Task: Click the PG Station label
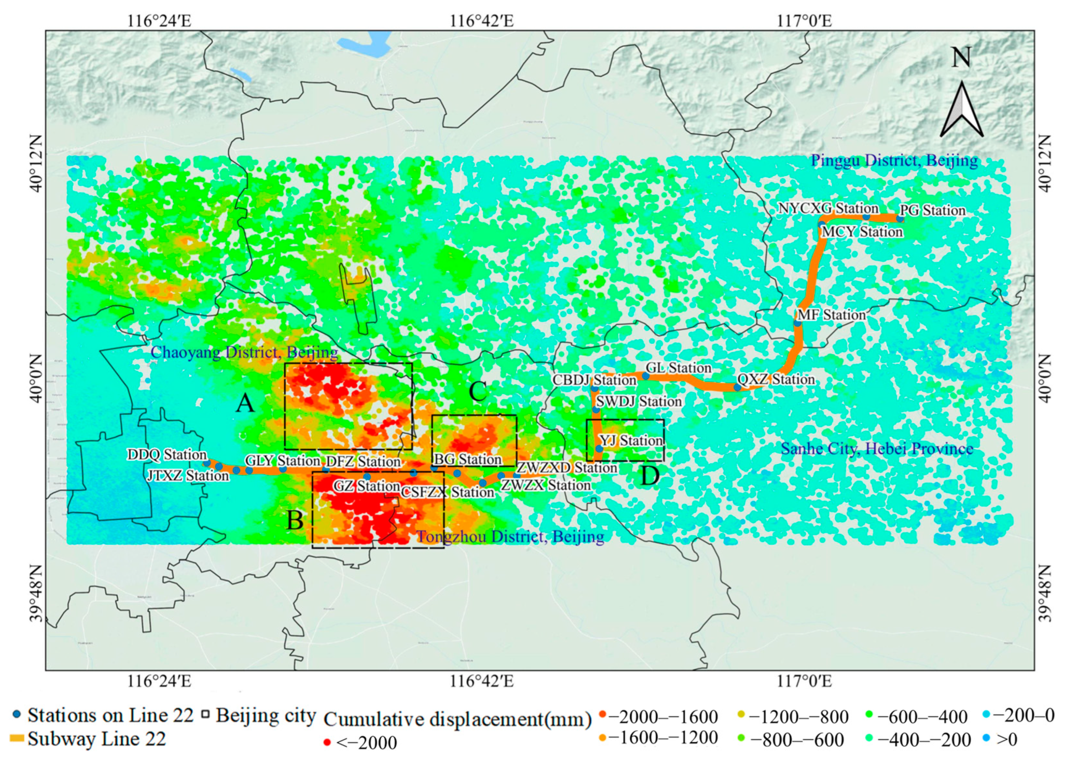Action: click(x=932, y=210)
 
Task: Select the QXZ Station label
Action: click(x=776, y=379)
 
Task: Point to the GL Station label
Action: click(x=678, y=367)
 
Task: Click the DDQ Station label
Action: click(x=167, y=455)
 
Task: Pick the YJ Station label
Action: click(x=631, y=441)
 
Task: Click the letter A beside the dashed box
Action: click(x=245, y=403)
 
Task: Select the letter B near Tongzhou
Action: click(x=295, y=520)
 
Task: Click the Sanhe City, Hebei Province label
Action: click(x=877, y=449)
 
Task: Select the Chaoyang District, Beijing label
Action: click(x=244, y=353)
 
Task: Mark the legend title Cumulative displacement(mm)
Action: click(x=457, y=720)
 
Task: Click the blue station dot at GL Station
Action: click(x=646, y=376)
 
